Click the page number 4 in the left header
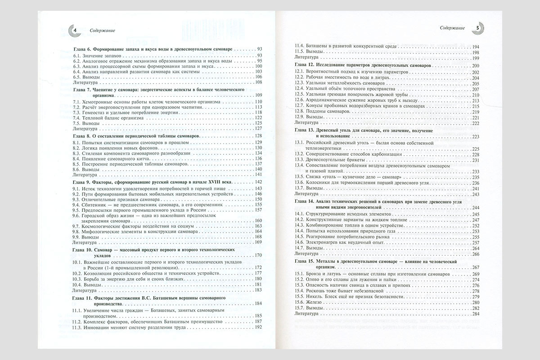click(75, 30)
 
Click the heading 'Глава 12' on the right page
click(362, 66)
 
